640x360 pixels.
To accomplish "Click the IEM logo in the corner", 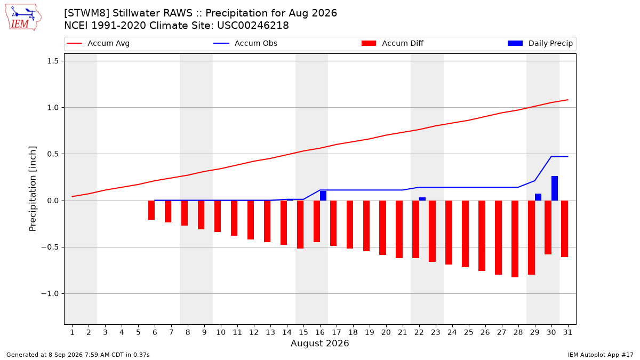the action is point(23,18).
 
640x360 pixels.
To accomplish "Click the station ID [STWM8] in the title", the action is point(86,13).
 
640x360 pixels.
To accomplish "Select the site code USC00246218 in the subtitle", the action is point(253,26).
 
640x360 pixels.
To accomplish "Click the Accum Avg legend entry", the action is point(98,43).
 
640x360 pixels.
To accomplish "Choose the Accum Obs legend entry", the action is point(245,43).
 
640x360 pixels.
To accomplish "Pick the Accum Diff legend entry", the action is point(393,43).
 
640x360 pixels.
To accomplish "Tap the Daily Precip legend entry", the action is point(540,43).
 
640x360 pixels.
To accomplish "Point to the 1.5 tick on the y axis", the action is point(53,61).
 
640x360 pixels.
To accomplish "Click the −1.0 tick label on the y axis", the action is point(50,294).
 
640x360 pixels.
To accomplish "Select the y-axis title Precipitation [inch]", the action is point(33,189).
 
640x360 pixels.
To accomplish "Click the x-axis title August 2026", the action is point(319,343).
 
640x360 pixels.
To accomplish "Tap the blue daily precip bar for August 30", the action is point(554,188).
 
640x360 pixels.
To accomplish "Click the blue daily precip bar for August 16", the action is point(323,196).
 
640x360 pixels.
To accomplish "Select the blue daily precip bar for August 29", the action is point(538,197).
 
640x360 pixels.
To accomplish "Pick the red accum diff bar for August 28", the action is point(515,239).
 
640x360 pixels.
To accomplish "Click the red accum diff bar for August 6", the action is point(151,210).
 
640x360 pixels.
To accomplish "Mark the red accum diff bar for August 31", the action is point(564,229).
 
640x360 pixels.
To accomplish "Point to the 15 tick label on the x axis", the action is point(303,332).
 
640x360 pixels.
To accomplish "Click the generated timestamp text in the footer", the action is point(78,355).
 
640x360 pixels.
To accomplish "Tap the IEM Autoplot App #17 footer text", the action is point(601,355).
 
